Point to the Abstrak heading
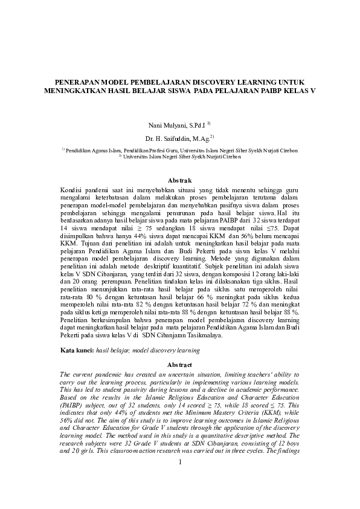(x=179, y=180)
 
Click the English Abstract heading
(x=179, y=365)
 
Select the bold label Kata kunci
(x=77, y=351)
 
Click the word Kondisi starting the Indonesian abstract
(x=73, y=190)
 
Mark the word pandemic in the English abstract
(x=104, y=375)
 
